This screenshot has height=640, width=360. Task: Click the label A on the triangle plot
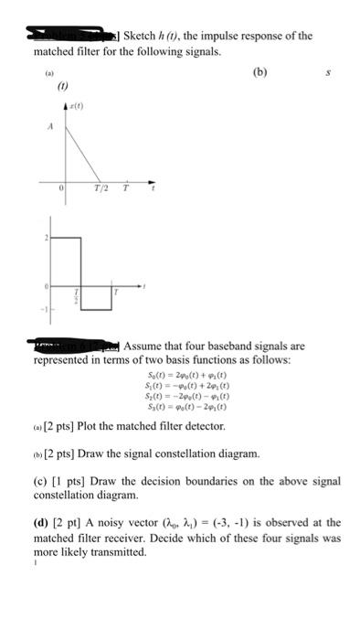37,129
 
